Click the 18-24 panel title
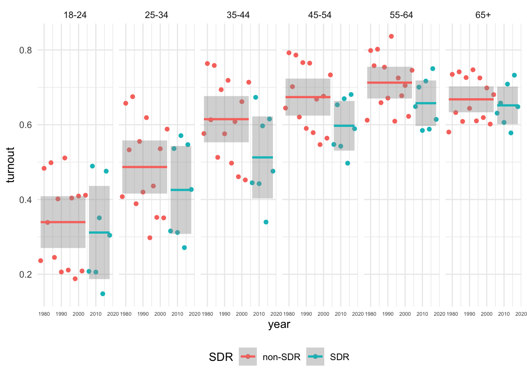pyautogui.click(x=75, y=15)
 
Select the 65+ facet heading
pyautogui.click(x=483, y=15)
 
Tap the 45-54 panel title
pyautogui.click(x=320, y=15)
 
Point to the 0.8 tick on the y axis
pyautogui.click(x=25, y=50)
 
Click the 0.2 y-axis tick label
pyautogui.click(x=25, y=274)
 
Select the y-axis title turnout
pyautogui.click(x=11, y=165)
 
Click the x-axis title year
pyautogui.click(x=279, y=324)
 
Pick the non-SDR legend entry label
pyautogui.click(x=281, y=357)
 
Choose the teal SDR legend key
pyautogui.click(x=315, y=357)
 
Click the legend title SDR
pyautogui.click(x=221, y=357)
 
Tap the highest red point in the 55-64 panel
pyautogui.click(x=391, y=37)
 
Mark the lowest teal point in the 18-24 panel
pyautogui.click(x=103, y=294)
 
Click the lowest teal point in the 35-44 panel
pyautogui.click(x=266, y=222)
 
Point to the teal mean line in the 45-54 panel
pyautogui.click(x=344, y=126)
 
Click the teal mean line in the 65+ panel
pyautogui.click(x=507, y=105)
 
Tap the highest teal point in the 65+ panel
pyautogui.click(x=514, y=75)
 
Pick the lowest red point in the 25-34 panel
pyautogui.click(x=150, y=238)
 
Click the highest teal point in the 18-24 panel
pyautogui.click(x=93, y=166)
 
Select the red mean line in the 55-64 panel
pyautogui.click(x=389, y=82)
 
